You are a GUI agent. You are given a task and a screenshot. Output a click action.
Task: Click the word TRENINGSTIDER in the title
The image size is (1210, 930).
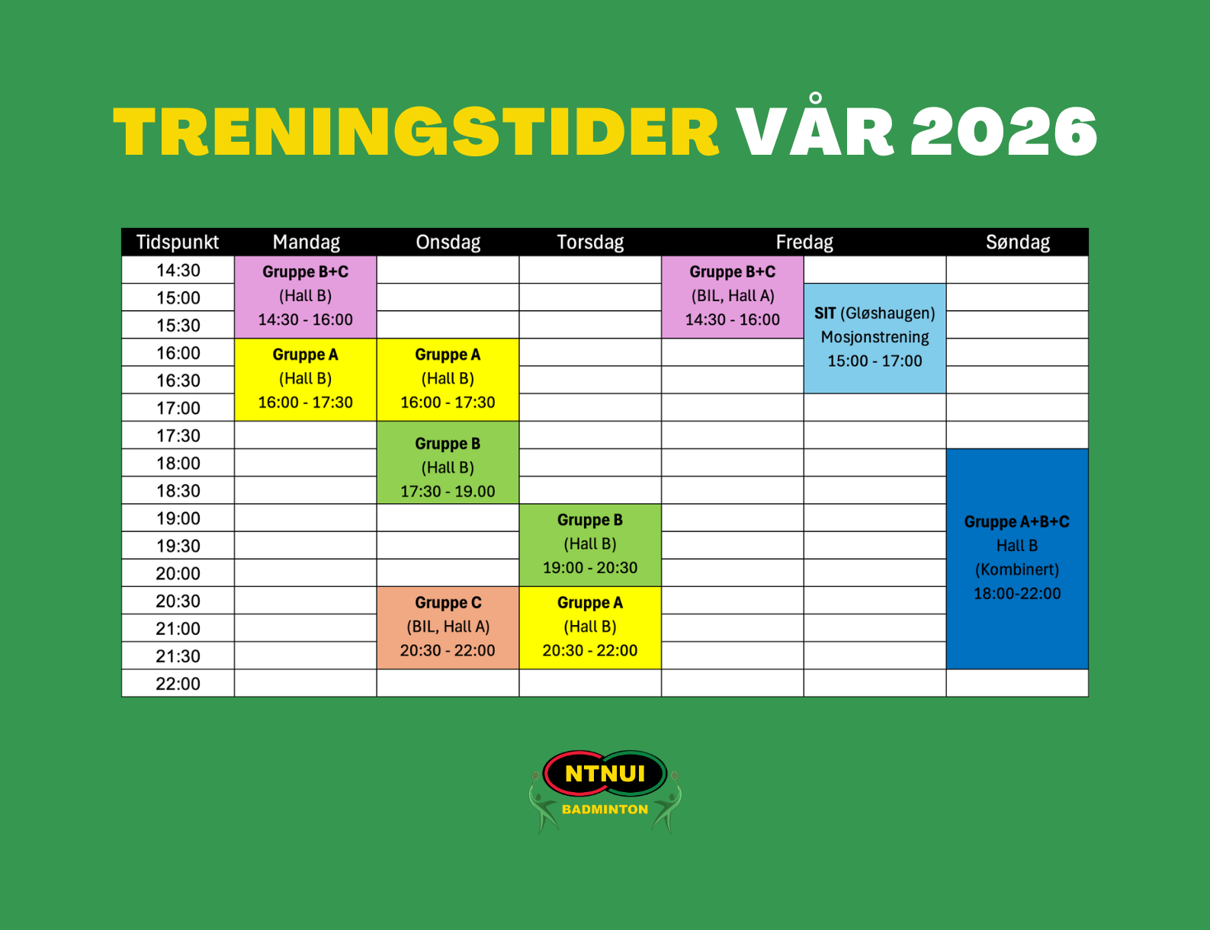click(416, 132)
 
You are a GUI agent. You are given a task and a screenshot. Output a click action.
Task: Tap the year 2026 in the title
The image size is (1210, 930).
click(1003, 132)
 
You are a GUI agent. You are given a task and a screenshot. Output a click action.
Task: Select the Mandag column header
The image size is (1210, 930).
click(306, 242)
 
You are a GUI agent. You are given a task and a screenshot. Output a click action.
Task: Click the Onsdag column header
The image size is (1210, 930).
click(448, 242)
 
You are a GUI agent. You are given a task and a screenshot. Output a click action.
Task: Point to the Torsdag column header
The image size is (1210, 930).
click(590, 242)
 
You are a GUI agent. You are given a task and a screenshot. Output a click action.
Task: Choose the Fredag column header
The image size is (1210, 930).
click(804, 242)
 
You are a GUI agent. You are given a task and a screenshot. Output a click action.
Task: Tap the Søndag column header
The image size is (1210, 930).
click(1017, 242)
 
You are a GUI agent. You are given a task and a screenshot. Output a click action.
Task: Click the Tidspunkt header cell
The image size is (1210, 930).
click(178, 242)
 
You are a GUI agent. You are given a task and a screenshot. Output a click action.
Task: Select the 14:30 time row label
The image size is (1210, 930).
click(178, 270)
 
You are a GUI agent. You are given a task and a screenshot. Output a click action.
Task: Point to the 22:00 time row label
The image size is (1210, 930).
click(178, 684)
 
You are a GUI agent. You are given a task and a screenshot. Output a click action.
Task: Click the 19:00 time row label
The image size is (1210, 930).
click(178, 518)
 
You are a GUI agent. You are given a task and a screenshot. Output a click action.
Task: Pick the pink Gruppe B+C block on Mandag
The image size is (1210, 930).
click(306, 297)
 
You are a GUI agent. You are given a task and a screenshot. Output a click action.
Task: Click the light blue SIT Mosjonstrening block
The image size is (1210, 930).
click(875, 338)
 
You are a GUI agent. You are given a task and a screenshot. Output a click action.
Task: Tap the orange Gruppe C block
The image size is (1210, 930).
click(448, 627)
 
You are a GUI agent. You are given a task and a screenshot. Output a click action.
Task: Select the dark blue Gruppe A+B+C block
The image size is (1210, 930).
click(1017, 559)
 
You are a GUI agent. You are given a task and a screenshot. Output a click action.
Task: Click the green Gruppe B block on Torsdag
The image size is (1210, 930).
click(590, 545)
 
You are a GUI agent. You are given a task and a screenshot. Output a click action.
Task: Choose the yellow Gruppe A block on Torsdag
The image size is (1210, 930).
click(590, 627)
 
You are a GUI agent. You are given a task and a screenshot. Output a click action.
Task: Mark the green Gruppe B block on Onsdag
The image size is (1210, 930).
click(448, 463)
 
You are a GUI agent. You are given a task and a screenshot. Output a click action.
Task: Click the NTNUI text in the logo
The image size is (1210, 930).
click(605, 773)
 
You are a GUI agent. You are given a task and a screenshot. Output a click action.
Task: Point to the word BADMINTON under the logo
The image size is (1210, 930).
click(605, 810)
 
